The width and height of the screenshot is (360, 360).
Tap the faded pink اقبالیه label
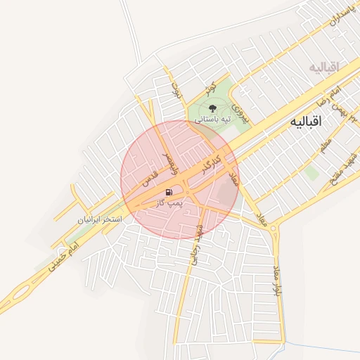323,67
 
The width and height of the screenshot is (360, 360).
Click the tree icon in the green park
212,108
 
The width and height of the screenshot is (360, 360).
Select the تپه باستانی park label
212,120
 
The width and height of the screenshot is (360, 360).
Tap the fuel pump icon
169,192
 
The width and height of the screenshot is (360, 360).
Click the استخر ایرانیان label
100,219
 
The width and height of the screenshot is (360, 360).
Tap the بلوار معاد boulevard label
277,278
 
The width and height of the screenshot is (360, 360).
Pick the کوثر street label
208,88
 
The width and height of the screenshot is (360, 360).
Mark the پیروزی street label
240,112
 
